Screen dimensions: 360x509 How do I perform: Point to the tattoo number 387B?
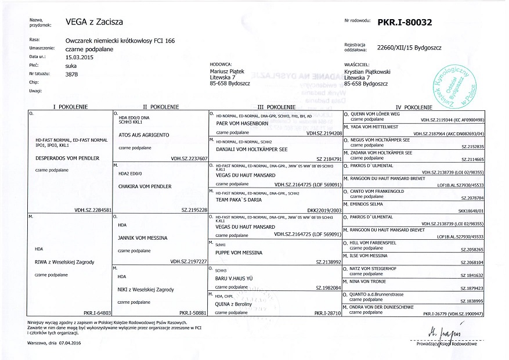pyautogui.click(x=73, y=74)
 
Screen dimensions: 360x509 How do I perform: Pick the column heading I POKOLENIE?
pyautogui.click(x=70, y=107)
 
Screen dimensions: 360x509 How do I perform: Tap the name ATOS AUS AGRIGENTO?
pyautogui.click(x=143, y=134)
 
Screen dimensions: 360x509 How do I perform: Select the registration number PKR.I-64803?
pyautogui.click(x=96, y=312)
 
